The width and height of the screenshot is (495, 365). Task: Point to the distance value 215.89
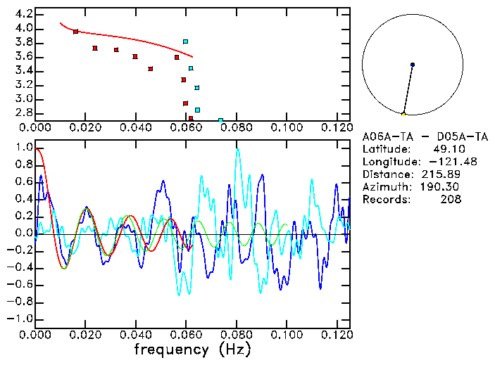[443, 174]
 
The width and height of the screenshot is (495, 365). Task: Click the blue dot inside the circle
[412, 65]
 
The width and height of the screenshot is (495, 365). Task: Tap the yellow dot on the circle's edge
[403, 114]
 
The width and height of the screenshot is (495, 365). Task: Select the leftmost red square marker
[75, 32]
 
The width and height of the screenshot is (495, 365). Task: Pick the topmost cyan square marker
[185, 41]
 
